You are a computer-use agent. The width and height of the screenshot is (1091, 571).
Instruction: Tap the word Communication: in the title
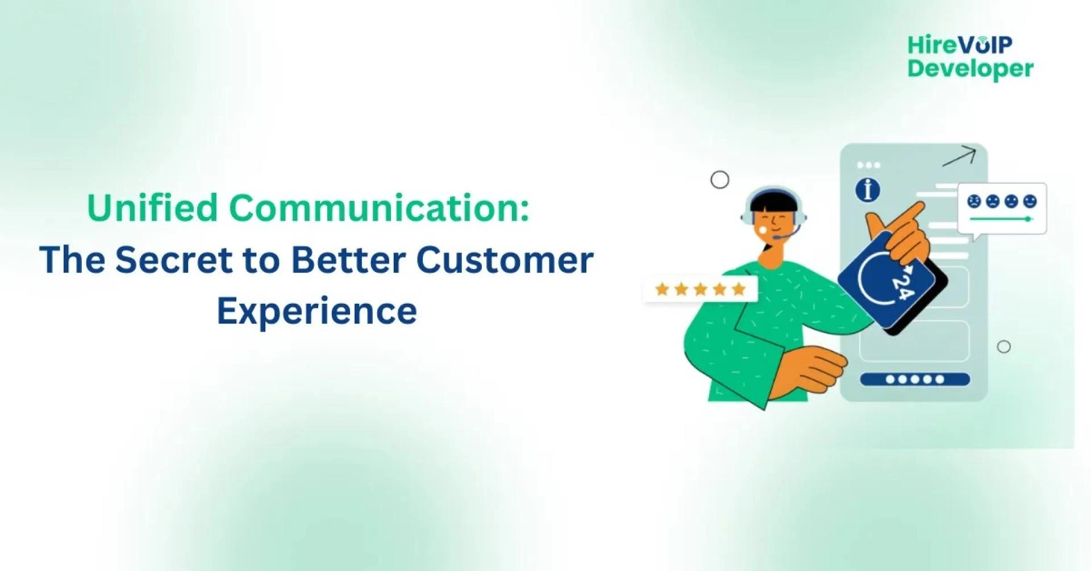[379, 208]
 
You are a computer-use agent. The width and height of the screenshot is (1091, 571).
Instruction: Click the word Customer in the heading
[505, 260]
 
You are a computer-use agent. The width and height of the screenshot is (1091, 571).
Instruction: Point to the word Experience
[317, 311]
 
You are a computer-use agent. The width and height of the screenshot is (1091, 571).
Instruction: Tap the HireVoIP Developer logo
[969, 57]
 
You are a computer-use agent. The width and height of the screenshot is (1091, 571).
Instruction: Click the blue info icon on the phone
[867, 189]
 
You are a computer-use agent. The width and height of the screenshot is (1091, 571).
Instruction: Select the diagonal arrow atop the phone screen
[959, 156]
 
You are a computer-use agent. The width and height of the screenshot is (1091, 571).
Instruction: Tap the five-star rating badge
[700, 289]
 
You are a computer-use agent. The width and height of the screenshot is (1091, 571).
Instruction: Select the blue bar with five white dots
[914, 379]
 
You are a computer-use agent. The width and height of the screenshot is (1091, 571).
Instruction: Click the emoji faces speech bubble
[1002, 208]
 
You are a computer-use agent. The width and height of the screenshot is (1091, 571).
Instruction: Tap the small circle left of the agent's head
[719, 180]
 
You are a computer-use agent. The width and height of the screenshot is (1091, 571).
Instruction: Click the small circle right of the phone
[1003, 346]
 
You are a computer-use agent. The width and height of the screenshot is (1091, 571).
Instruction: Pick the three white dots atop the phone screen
[868, 165]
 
